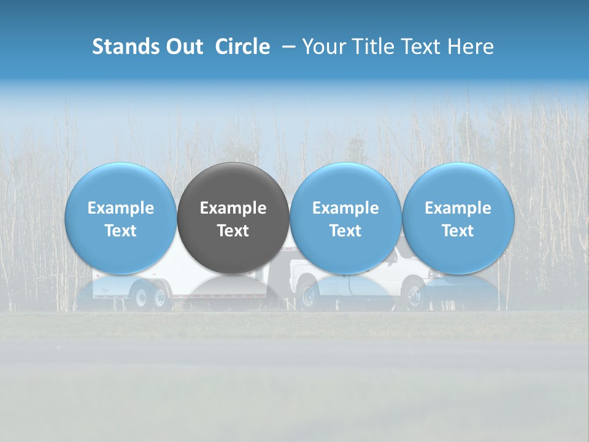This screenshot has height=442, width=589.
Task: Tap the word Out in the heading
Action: pos(182,47)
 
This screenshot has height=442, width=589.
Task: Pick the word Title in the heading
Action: pos(370,47)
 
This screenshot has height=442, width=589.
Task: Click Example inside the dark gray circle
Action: pos(233,208)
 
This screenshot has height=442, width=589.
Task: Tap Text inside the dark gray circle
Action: pos(233,231)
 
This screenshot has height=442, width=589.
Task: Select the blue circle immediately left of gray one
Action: pos(121,218)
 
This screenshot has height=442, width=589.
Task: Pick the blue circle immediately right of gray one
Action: pos(345,218)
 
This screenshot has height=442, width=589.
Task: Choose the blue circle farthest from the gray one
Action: pos(458,218)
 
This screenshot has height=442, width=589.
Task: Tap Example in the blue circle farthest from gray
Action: pos(458,208)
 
